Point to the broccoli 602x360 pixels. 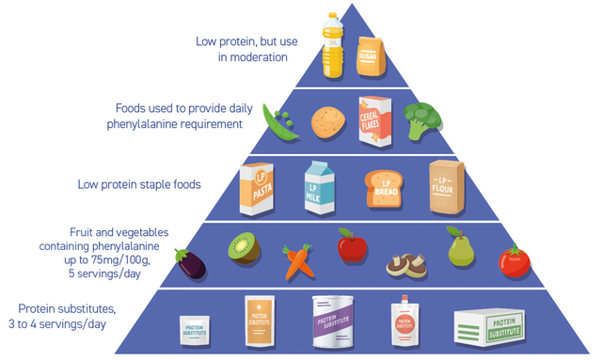(420, 120)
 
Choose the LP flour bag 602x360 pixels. (446, 183)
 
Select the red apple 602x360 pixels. (351, 246)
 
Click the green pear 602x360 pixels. (460, 248)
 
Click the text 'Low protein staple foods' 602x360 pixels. (138, 184)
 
